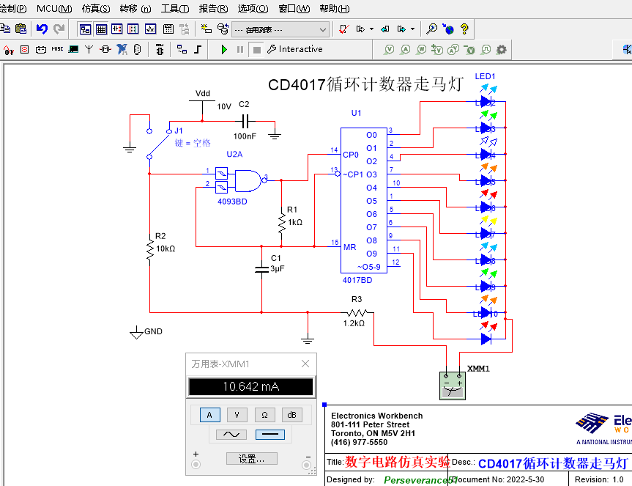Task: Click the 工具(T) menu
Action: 174,9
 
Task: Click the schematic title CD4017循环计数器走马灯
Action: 365,84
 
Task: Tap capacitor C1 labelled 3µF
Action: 261,270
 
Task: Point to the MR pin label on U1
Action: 350,247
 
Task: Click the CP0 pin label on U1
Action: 351,155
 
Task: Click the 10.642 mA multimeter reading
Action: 250,387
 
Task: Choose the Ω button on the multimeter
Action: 264,415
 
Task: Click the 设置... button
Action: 251,459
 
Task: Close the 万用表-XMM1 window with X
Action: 305,364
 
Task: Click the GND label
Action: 153,331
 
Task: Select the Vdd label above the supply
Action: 202,93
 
